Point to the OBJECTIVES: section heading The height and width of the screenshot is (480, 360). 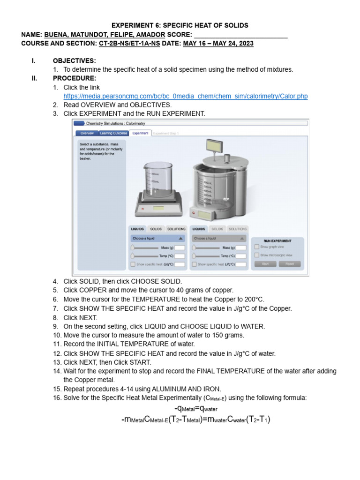coord(74,61)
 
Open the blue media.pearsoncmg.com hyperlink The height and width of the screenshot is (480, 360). coord(186,96)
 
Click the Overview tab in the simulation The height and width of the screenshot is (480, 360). coord(87,133)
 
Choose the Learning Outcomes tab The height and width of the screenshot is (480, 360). coord(113,133)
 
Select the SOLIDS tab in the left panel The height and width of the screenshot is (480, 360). coord(156,229)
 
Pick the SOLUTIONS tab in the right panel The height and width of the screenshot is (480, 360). coord(238,229)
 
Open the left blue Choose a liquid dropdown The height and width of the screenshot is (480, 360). coord(157,238)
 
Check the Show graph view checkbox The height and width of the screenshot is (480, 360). coord(256,247)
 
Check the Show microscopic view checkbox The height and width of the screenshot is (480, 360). coord(256,255)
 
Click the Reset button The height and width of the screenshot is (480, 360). coord(289,264)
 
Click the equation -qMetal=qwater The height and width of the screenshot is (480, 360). coord(195,409)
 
